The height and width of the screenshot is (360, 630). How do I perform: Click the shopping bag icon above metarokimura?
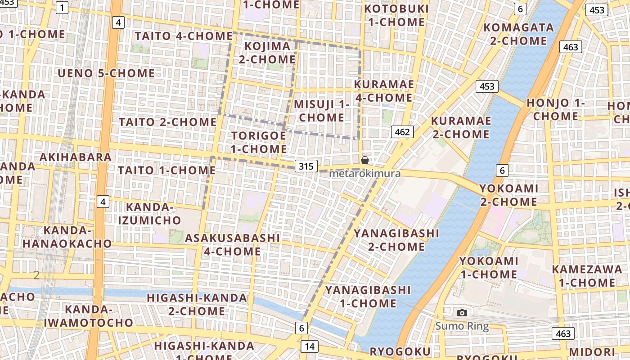(x=365, y=160)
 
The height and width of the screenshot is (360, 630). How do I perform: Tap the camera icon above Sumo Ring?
(x=462, y=313)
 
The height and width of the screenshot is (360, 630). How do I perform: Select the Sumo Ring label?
(x=462, y=326)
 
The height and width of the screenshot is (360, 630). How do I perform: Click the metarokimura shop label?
(x=364, y=173)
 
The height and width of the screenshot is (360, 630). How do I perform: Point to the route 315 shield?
(x=306, y=166)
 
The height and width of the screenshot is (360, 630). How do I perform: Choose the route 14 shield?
(x=309, y=346)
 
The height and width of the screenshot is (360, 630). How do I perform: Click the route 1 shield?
(x=62, y=7)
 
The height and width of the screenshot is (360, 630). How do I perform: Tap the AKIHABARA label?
(x=76, y=157)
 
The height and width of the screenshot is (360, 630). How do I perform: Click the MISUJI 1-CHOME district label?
(x=321, y=111)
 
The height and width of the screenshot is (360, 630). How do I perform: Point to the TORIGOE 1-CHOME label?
(x=259, y=142)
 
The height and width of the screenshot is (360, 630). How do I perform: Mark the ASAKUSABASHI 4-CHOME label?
(x=232, y=244)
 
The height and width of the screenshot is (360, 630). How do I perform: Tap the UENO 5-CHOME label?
(x=106, y=73)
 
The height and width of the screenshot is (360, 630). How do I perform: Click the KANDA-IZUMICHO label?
(x=153, y=214)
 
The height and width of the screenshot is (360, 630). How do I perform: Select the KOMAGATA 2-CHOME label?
(x=518, y=34)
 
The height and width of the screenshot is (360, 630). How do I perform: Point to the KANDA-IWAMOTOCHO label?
(x=89, y=316)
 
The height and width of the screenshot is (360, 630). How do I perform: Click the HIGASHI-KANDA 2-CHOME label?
(x=197, y=304)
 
